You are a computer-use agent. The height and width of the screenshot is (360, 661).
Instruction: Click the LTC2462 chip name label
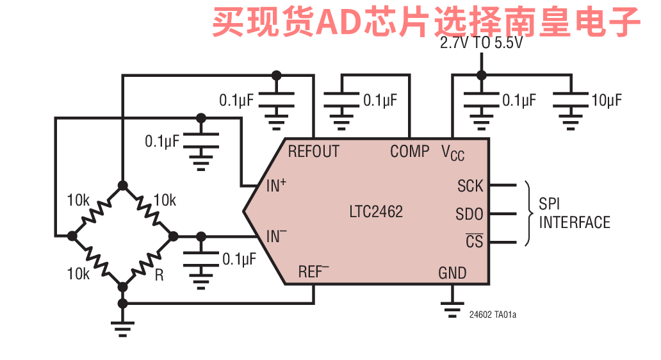pyautogui.click(x=376, y=212)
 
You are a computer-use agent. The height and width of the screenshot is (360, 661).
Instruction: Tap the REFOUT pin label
pyautogui.click(x=313, y=152)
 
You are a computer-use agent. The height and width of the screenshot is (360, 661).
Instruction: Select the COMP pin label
pyautogui.click(x=410, y=152)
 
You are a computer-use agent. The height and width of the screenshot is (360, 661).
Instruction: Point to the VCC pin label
pyautogui.click(x=452, y=153)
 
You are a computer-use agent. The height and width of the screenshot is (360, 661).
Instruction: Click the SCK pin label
pyautogui.click(x=470, y=186)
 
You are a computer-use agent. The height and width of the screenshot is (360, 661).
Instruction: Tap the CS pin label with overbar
pyautogui.click(x=474, y=241)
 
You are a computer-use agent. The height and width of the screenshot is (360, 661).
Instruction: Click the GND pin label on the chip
pyautogui.click(x=452, y=273)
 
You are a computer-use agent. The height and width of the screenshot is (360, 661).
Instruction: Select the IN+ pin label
pyautogui.click(x=276, y=186)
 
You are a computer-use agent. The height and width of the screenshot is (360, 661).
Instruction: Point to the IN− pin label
pyautogui.click(x=276, y=236)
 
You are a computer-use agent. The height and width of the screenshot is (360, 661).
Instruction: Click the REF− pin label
pyautogui.click(x=313, y=272)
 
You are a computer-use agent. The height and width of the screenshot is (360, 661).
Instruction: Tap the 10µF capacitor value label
pyautogui.click(x=607, y=101)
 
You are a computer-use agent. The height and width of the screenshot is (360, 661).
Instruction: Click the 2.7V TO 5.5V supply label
pyautogui.click(x=481, y=44)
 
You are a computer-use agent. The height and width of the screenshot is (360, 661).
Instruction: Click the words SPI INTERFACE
pyautogui.click(x=574, y=213)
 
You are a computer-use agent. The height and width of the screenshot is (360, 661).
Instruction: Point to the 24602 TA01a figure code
pyautogui.click(x=493, y=315)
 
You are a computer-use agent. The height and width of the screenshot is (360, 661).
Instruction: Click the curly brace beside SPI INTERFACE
pyautogui.click(x=528, y=213)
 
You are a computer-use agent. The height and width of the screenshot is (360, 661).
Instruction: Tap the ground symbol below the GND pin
pyautogui.click(x=452, y=309)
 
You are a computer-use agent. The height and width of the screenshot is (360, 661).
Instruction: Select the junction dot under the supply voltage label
pyautogui.click(x=481, y=75)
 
